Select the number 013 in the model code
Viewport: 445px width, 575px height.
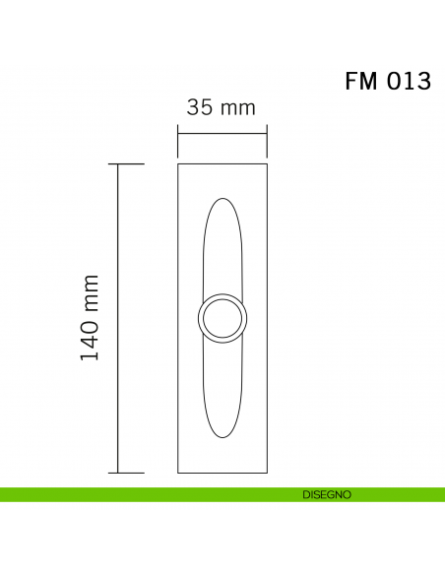(x=408, y=82)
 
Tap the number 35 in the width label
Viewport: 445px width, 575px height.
(x=200, y=108)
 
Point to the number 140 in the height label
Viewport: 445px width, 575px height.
(x=90, y=339)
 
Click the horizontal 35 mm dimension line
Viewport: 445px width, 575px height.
(x=222, y=133)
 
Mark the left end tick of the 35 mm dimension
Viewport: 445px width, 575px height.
(x=178, y=133)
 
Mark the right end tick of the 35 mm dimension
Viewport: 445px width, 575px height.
(x=267, y=133)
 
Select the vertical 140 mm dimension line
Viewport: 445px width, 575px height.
(x=119, y=318)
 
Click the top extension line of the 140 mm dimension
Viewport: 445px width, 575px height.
(x=131, y=164)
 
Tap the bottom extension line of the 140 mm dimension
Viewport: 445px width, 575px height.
(x=131, y=473)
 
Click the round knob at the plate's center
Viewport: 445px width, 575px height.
(x=222, y=318)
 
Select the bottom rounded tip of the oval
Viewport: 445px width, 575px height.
(x=222, y=436)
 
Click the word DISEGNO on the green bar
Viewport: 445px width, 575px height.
(x=326, y=495)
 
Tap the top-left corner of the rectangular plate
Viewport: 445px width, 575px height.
(x=178, y=164)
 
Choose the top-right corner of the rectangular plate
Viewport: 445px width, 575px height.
(x=267, y=164)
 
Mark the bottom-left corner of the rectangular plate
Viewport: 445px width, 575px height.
(x=178, y=473)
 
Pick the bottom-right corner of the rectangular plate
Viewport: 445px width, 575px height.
(x=267, y=473)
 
